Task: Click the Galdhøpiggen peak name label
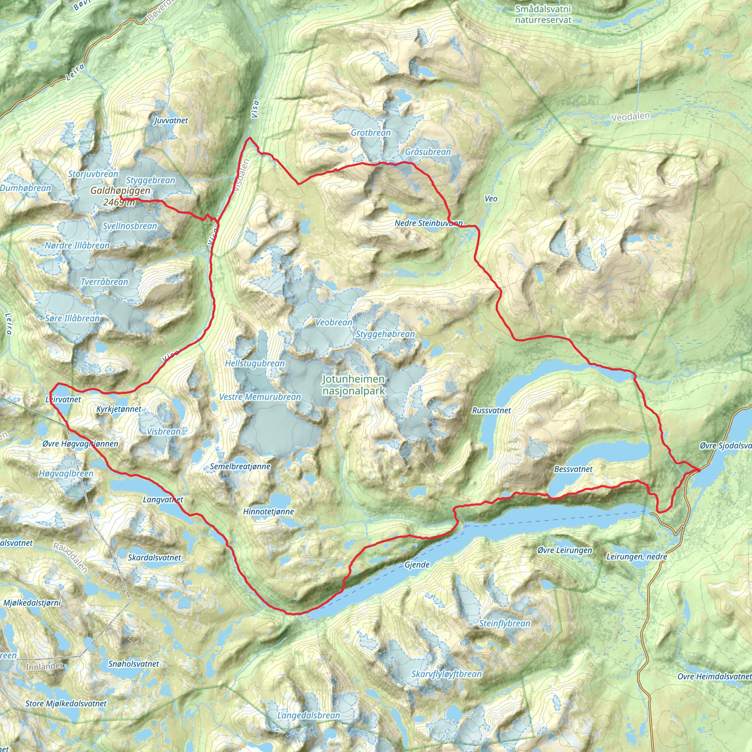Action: click(x=120, y=190)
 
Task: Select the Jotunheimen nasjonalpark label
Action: click(x=354, y=385)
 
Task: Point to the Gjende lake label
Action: click(x=417, y=564)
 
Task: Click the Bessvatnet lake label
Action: click(x=573, y=469)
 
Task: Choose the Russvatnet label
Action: click(x=491, y=410)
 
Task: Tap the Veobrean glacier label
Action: click(x=333, y=322)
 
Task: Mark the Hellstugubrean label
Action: click(x=255, y=363)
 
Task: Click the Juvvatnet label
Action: click(x=171, y=120)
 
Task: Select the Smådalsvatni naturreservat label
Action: click(x=543, y=14)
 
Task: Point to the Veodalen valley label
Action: click(x=630, y=116)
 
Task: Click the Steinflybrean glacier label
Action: click(x=505, y=623)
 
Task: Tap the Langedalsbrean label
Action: click(x=309, y=715)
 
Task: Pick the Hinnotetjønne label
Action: click(x=268, y=511)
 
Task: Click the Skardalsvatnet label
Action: click(x=155, y=557)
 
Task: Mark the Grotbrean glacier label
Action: click(x=370, y=133)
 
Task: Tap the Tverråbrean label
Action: click(x=104, y=282)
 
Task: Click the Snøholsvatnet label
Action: click(x=134, y=664)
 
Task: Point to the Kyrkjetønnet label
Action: click(x=119, y=409)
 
